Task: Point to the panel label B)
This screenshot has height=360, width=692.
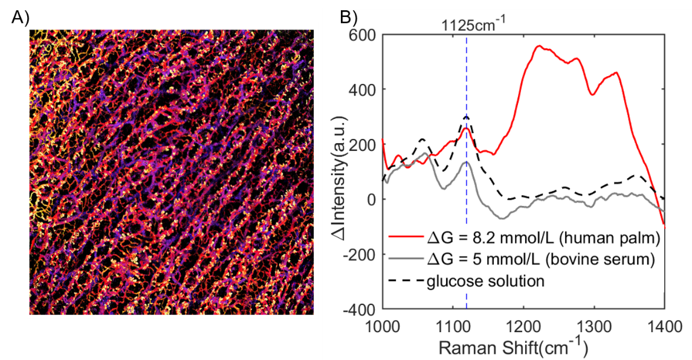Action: pos(352,16)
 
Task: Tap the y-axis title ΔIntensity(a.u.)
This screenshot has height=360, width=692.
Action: pos(341,173)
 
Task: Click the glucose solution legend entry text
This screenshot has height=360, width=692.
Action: pos(486,281)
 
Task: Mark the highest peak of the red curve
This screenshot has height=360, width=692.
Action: pos(538,46)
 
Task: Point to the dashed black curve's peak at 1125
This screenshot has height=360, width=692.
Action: pos(467,116)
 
